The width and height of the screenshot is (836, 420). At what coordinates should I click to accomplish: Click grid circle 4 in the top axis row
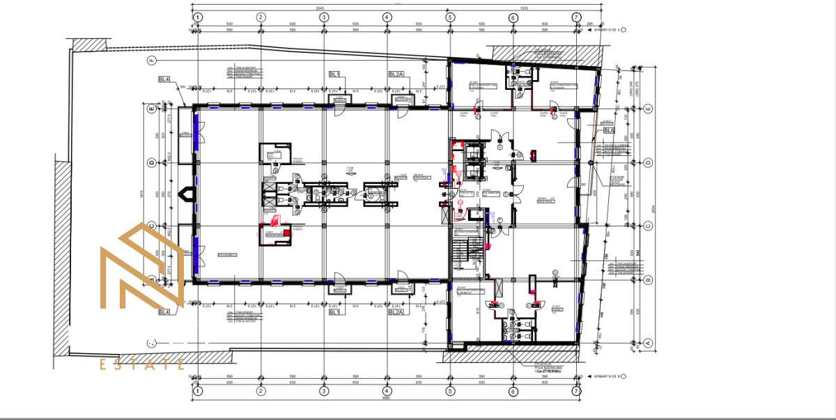tap(387, 17)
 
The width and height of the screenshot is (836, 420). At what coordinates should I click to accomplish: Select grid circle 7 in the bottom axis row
tap(576, 391)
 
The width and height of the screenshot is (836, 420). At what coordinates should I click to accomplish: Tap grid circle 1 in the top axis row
tap(198, 17)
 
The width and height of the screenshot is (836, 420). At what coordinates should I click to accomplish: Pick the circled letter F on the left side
tap(150, 61)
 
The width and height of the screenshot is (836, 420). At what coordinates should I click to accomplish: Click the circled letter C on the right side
tap(648, 225)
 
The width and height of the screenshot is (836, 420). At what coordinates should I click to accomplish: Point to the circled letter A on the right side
tap(648, 342)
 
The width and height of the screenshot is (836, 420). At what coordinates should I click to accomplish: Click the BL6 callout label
tap(609, 130)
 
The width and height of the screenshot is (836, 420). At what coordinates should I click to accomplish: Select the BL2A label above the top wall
tap(396, 74)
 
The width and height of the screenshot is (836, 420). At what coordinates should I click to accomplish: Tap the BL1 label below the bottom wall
tap(335, 312)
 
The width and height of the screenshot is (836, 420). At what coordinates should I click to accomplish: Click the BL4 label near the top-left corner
tap(165, 79)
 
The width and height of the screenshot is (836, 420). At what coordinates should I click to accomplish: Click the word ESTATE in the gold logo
tap(142, 364)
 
